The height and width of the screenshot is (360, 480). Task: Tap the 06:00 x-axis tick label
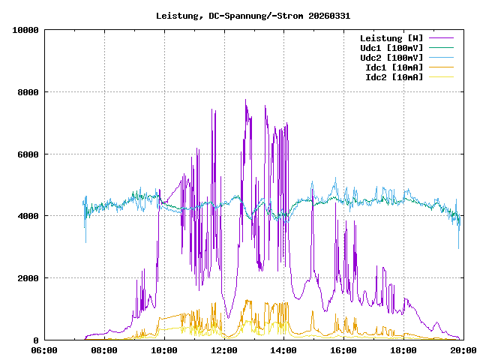tap(44, 349)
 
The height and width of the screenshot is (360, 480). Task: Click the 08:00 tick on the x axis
tap(104, 349)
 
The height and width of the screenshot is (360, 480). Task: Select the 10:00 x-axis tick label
tap(164, 349)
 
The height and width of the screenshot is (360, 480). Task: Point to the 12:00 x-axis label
tap(223, 349)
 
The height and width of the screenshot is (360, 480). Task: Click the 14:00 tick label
tap(283, 349)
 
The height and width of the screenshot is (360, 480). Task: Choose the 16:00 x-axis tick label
tap(343, 349)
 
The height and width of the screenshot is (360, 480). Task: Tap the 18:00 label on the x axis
tap(403, 349)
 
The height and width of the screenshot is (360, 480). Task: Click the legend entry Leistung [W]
tap(391, 38)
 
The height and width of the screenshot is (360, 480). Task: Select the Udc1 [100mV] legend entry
tap(391, 48)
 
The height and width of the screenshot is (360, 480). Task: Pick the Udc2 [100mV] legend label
tap(391, 58)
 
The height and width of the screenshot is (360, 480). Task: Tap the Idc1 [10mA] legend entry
tap(394, 67)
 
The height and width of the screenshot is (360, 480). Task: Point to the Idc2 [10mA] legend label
tap(394, 77)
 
